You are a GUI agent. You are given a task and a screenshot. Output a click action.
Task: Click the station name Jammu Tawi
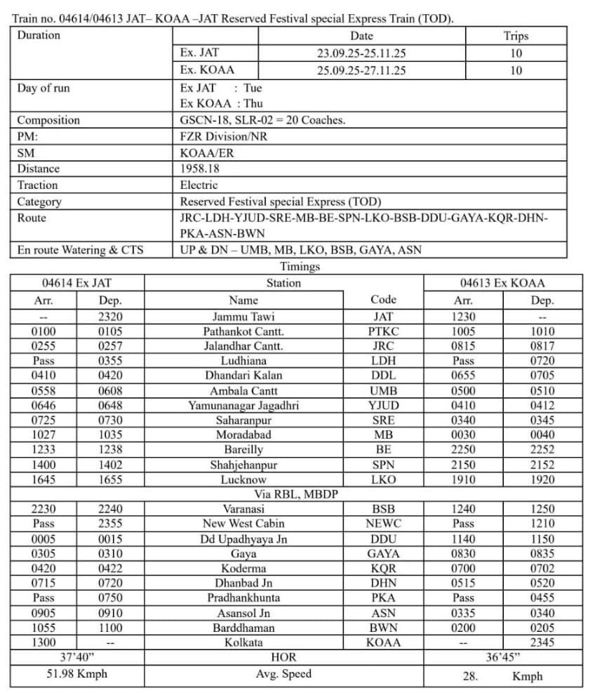click(243, 317)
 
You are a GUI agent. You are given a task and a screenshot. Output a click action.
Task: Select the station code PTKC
click(383, 331)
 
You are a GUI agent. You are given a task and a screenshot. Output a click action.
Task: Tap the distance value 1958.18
click(200, 169)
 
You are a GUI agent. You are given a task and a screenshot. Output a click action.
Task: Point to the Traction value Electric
click(199, 185)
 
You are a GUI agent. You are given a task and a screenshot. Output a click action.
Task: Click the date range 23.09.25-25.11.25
click(361, 53)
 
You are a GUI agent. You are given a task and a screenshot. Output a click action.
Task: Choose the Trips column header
click(516, 36)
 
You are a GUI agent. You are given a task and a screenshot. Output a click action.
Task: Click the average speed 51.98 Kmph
click(77, 674)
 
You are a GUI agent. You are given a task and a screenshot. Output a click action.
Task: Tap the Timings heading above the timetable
click(300, 267)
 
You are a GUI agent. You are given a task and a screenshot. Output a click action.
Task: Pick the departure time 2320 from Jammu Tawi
click(110, 317)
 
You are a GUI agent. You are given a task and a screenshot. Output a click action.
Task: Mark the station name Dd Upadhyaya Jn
click(243, 539)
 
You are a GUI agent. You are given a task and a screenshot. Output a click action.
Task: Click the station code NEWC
click(383, 524)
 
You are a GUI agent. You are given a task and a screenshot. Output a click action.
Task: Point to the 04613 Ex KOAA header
click(502, 284)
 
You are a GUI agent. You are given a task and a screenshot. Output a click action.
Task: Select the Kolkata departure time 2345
click(542, 642)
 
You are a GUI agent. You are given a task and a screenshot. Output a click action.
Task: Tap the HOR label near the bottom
click(283, 658)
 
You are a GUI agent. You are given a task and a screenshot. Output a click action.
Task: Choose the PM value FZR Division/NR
click(224, 136)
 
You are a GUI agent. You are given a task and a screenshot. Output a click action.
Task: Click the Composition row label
click(48, 120)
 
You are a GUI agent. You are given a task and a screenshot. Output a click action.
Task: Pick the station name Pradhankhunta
click(243, 598)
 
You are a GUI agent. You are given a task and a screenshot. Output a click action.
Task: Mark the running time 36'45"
click(502, 658)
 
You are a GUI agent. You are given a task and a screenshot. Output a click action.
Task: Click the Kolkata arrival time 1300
click(44, 642)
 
